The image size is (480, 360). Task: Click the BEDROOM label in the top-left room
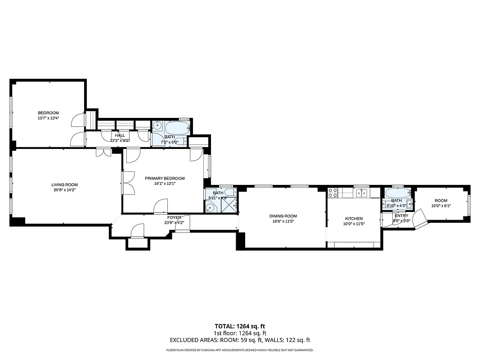click(48, 113)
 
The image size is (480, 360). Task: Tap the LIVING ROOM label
click(64, 184)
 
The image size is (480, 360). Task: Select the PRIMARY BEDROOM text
click(165, 178)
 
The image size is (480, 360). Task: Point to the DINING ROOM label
click(283, 216)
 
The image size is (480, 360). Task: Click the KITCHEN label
click(354, 219)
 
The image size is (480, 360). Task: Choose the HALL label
click(120, 135)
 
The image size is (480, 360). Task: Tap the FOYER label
click(174, 217)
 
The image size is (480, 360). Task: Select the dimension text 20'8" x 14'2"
click(64, 190)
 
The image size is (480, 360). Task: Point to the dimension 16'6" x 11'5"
click(283, 221)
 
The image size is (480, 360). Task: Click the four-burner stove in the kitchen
click(333, 193)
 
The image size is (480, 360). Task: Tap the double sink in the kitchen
click(361, 193)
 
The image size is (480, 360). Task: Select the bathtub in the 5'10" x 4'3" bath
click(398, 193)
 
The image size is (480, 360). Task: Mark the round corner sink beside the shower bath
click(210, 208)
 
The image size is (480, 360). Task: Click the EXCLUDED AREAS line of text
click(240, 340)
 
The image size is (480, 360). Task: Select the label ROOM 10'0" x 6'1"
click(441, 203)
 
